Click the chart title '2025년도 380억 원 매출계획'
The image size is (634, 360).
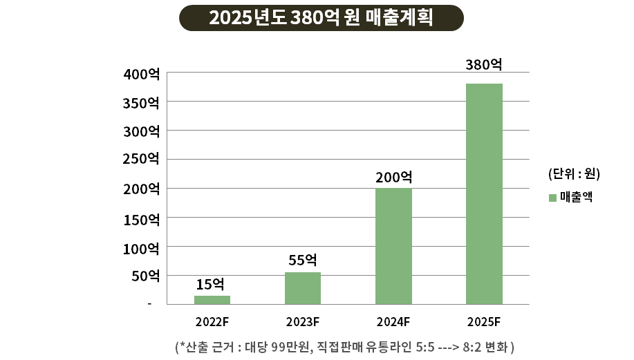point(321,17)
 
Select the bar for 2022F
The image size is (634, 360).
point(212,300)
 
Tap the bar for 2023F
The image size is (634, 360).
point(303,288)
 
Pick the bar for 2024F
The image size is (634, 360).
point(393,246)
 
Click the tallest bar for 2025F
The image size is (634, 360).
point(484,193)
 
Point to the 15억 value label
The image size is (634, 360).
point(210,283)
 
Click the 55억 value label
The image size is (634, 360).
point(302,260)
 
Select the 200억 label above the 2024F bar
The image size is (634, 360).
point(393,176)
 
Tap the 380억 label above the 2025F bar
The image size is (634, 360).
point(483,65)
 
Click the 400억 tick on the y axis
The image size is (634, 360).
point(142,73)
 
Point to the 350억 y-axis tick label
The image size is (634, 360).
point(142,102)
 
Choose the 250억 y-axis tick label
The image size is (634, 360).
point(142,159)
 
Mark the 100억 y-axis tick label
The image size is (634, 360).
point(142,247)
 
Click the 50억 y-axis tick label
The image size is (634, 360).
point(145,276)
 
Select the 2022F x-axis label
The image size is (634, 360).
point(212,321)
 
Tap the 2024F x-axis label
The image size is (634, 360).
point(393,321)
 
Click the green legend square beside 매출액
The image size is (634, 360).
point(552,198)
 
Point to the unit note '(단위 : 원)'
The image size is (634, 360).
point(573,173)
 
